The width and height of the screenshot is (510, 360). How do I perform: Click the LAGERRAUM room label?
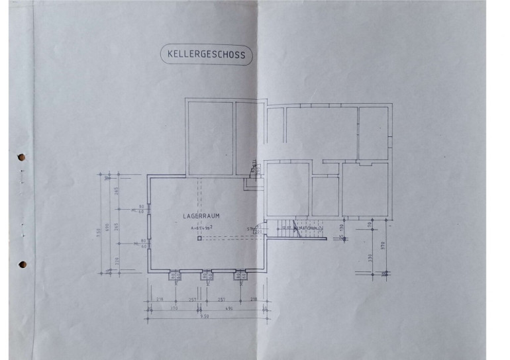click(x=201, y=216)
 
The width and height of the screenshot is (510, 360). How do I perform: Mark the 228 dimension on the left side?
click(x=117, y=260)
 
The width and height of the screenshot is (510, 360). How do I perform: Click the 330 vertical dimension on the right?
click(x=371, y=257)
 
